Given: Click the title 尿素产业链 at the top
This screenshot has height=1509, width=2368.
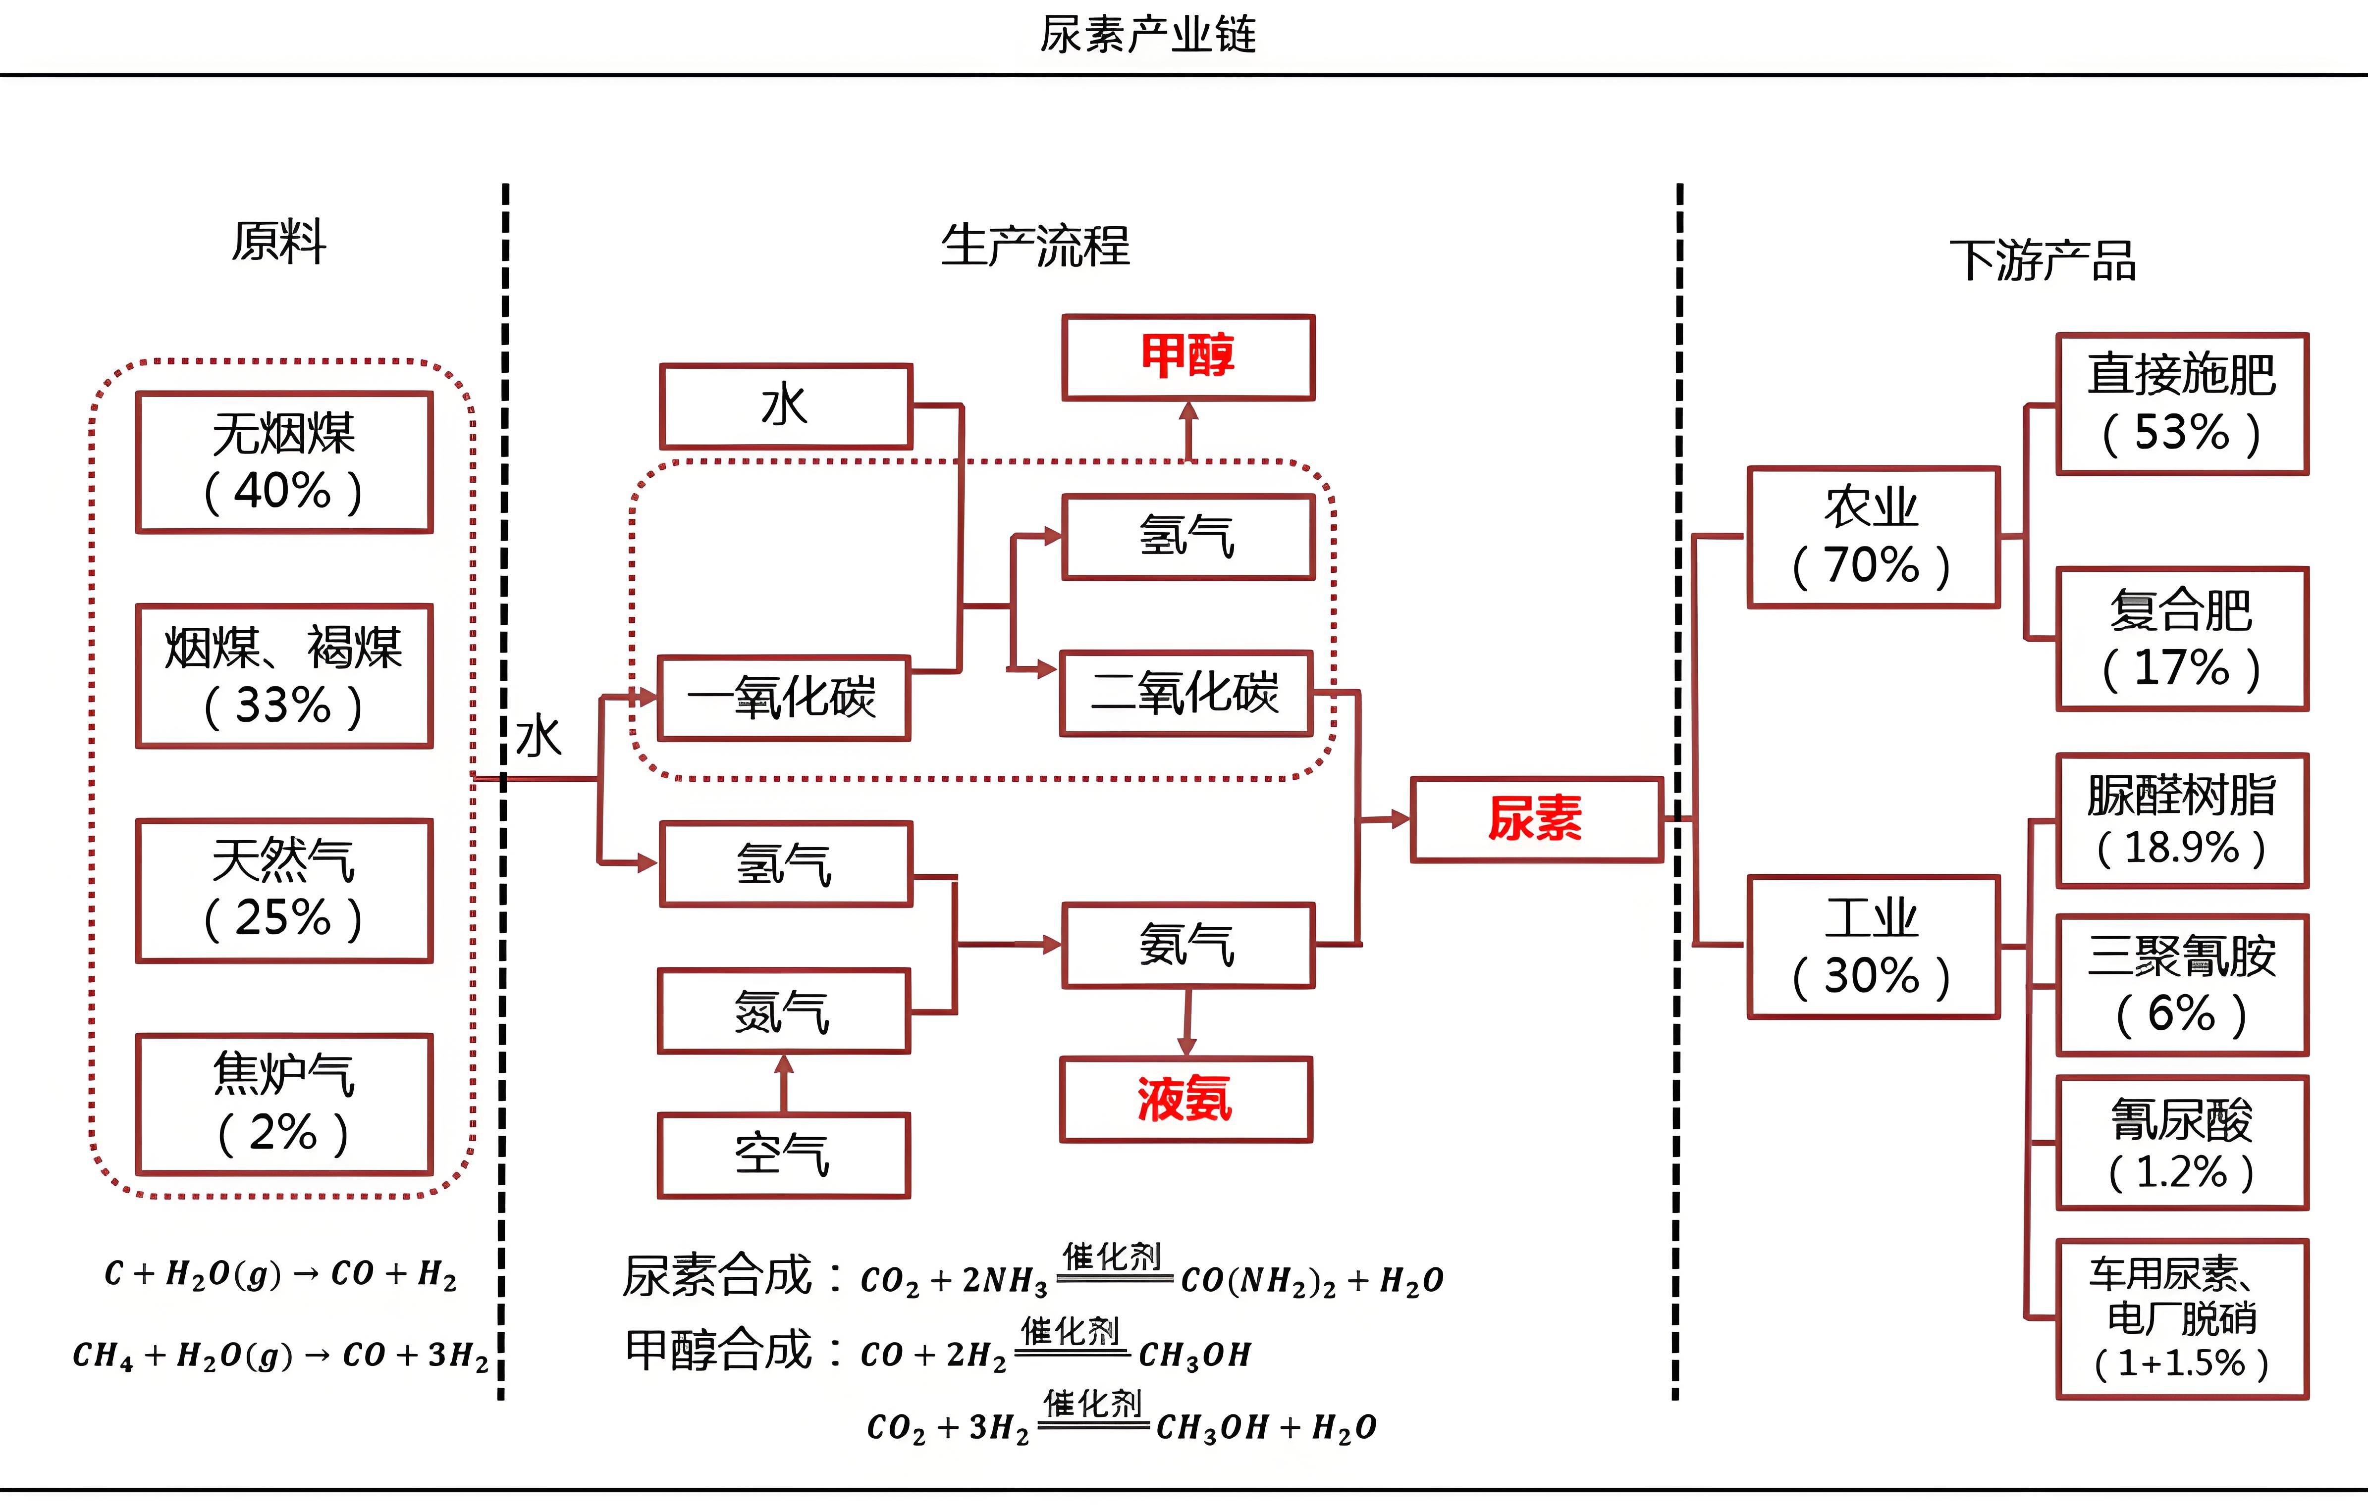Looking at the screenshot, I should (1148, 35).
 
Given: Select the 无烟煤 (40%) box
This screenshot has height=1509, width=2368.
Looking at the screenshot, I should (284, 462).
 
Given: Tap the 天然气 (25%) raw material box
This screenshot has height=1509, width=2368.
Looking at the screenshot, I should (284, 890).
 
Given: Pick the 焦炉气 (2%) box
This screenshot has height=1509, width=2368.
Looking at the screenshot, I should (284, 1103).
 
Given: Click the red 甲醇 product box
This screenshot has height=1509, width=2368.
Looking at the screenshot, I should (1188, 357).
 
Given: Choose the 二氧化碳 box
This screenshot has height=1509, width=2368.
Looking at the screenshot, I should (1186, 693).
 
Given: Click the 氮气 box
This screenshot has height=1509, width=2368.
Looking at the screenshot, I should (784, 1010).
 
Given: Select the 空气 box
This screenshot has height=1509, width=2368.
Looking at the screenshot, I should (784, 1155).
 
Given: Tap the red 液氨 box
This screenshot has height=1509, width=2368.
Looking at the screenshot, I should (1186, 1099).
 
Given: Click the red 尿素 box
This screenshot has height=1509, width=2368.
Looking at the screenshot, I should (1536, 819).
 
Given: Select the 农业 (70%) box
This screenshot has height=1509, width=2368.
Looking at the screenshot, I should (1873, 537).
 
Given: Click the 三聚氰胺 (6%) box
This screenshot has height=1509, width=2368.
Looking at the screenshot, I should (2181, 985).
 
